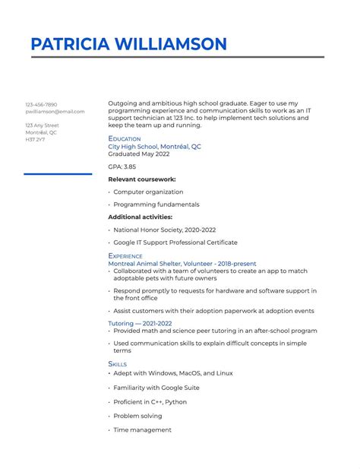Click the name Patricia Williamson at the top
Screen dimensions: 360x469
(x=128, y=44)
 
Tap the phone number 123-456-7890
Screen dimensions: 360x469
(x=41, y=104)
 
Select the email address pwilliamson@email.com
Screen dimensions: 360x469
(x=55, y=112)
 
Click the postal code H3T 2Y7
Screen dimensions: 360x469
(x=35, y=139)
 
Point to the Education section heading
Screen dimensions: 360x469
(x=125, y=138)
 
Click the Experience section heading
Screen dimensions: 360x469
(x=125, y=256)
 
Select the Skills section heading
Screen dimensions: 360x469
(x=118, y=364)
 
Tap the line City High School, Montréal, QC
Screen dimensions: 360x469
(x=154, y=146)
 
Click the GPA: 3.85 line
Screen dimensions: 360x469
(x=122, y=166)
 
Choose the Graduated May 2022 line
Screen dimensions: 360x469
(x=138, y=154)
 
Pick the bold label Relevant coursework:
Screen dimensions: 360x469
(x=142, y=179)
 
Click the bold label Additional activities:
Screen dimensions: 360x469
(x=141, y=217)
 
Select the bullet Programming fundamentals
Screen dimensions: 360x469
(x=156, y=204)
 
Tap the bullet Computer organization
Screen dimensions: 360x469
(x=148, y=192)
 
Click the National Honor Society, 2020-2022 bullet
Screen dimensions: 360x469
(x=164, y=230)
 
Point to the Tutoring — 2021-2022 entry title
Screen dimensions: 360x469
(x=140, y=323)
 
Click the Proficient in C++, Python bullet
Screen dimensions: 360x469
(x=150, y=402)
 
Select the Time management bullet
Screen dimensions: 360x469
(x=142, y=429)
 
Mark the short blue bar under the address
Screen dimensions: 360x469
(x=58, y=174)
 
